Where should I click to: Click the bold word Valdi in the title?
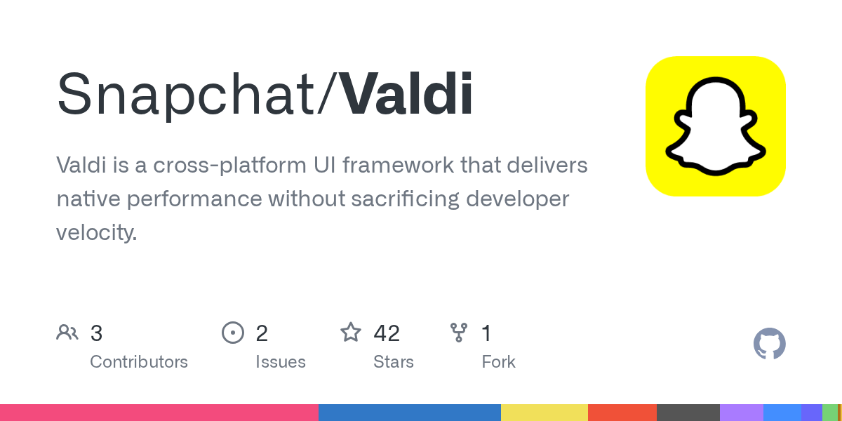(x=407, y=93)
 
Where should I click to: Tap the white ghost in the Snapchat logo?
(x=716, y=126)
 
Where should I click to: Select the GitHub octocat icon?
(x=770, y=344)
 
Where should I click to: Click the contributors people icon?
(x=67, y=333)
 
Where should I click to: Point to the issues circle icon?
(x=233, y=333)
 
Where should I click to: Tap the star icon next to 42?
(x=351, y=333)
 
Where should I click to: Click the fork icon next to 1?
(x=459, y=333)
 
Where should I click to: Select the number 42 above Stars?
(x=387, y=333)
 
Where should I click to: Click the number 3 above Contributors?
(x=96, y=333)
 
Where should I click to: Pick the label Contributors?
(x=139, y=362)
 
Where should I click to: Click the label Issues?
(x=281, y=362)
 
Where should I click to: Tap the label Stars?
(x=394, y=362)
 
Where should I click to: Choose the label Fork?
(x=498, y=362)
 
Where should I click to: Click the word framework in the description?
(x=398, y=165)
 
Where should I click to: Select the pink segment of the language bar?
(x=159, y=413)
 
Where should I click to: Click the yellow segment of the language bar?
(x=544, y=413)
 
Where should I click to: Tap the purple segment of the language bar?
(x=742, y=413)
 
